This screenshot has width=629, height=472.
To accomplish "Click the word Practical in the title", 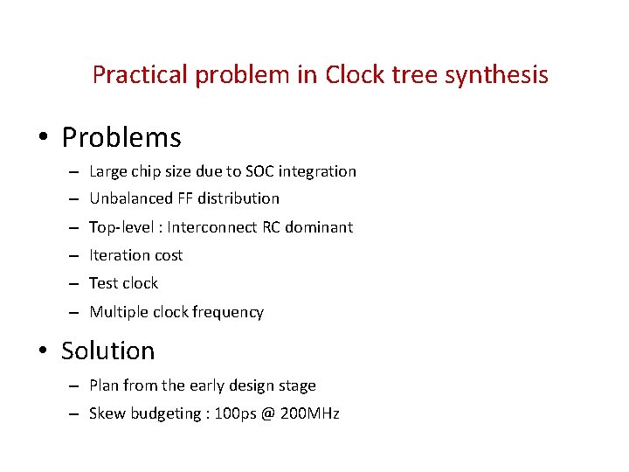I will pos(141,75).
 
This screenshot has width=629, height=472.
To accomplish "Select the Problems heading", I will pos(121,137).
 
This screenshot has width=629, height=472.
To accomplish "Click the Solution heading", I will pos(107,351).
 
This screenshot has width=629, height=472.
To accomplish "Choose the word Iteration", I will pos(121,255).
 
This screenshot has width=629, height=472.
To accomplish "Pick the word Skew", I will pos(107,413).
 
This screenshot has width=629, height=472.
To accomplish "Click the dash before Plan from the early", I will pos(76,386).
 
